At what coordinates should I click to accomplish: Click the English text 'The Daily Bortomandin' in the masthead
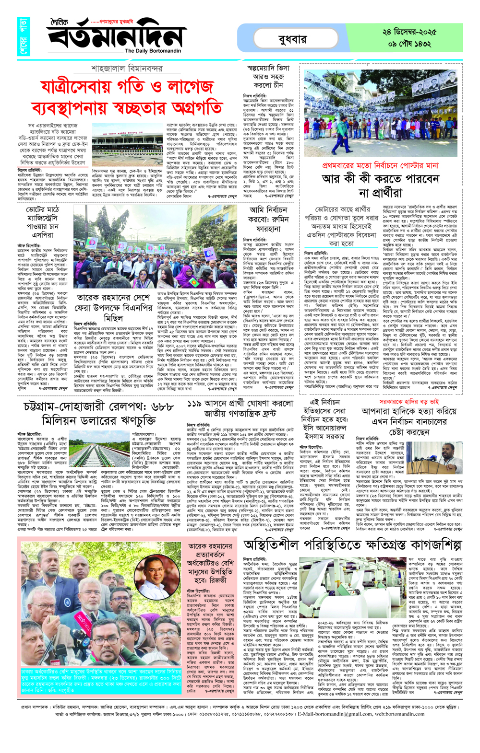[153, 51]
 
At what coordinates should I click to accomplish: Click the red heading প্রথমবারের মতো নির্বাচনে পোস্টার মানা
[381, 165]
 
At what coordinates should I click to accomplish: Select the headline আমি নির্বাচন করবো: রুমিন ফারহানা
[268, 219]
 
